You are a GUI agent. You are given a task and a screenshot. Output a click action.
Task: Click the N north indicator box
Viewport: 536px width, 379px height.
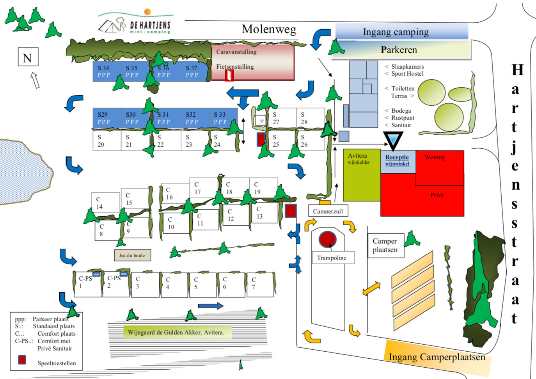28,57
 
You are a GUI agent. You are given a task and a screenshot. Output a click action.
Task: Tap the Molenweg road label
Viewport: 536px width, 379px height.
269,29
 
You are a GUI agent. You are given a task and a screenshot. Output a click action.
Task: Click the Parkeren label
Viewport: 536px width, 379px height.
399,50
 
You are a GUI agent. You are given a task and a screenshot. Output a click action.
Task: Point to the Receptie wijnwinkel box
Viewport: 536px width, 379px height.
398,160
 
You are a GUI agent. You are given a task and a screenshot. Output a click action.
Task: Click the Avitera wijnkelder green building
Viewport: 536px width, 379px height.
361,176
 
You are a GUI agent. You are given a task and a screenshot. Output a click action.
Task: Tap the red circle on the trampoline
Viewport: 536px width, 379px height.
327,239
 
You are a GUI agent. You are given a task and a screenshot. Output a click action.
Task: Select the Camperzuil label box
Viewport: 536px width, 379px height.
328,211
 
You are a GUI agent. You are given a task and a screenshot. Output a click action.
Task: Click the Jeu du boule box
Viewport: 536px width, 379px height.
132,255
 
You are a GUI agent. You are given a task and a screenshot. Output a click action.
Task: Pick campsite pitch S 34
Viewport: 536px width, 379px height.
106,71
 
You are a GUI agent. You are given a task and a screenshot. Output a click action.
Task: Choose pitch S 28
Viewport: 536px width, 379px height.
310,118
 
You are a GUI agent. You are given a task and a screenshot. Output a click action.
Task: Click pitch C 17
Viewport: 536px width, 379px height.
203,188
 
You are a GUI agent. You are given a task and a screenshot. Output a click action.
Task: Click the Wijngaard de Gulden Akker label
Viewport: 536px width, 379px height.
176,333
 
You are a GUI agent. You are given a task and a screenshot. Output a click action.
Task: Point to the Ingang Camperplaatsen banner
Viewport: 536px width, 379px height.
437,357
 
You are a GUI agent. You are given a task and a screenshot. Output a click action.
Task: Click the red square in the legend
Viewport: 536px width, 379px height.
22,360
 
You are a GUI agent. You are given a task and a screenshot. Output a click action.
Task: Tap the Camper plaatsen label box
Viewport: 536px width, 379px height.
385,246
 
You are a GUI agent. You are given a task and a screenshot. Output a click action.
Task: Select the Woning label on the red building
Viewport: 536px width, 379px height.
435,157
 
